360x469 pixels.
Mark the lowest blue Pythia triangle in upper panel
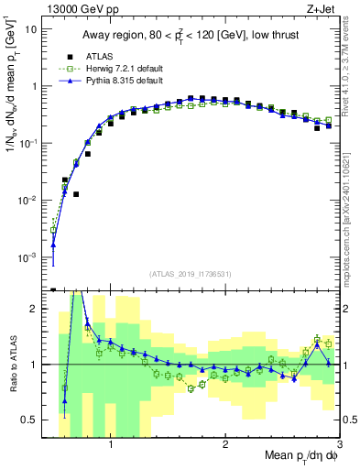(x=53, y=245)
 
